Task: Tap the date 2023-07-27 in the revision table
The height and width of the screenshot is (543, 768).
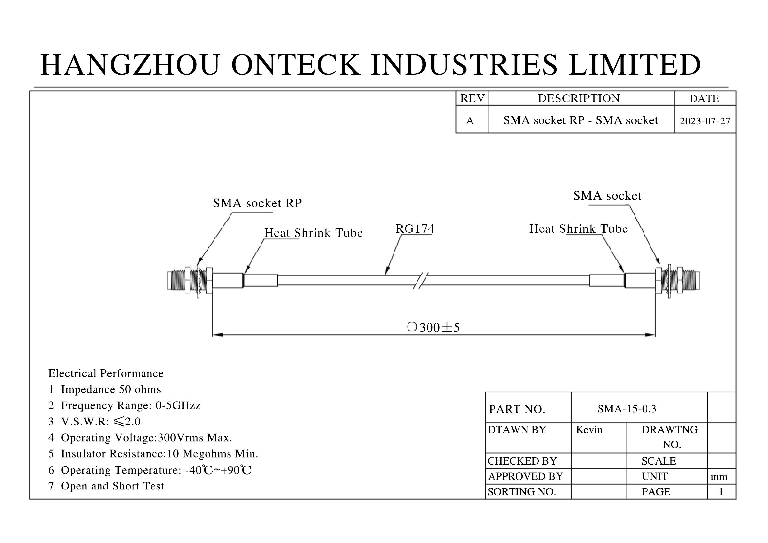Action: pyautogui.click(x=705, y=121)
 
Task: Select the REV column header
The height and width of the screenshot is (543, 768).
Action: pyautogui.click(x=472, y=98)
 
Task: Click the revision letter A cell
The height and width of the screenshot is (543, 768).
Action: pyautogui.click(x=470, y=121)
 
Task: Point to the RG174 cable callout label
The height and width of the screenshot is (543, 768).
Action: pyautogui.click(x=415, y=229)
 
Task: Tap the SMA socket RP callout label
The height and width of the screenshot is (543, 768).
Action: pyautogui.click(x=257, y=203)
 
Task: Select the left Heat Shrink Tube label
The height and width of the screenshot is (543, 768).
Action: pyautogui.click(x=314, y=233)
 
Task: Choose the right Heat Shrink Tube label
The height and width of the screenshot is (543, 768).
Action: pyautogui.click(x=578, y=229)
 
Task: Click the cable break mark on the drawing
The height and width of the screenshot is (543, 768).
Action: pyautogui.click(x=421, y=280)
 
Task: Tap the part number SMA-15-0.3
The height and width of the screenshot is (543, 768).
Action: pyautogui.click(x=627, y=409)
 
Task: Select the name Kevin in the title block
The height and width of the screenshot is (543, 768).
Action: pyautogui.click(x=589, y=430)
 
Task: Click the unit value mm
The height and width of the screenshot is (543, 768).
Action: pyautogui.click(x=719, y=476)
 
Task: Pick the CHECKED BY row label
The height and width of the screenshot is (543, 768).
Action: pyautogui.click(x=522, y=461)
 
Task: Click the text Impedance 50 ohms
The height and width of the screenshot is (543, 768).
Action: pyautogui.click(x=111, y=390)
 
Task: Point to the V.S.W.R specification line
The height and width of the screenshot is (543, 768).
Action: pyautogui.click(x=94, y=422)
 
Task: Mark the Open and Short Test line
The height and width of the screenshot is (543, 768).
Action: pyautogui.click(x=106, y=486)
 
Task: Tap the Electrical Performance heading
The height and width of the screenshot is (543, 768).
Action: pyautogui.click(x=106, y=373)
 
